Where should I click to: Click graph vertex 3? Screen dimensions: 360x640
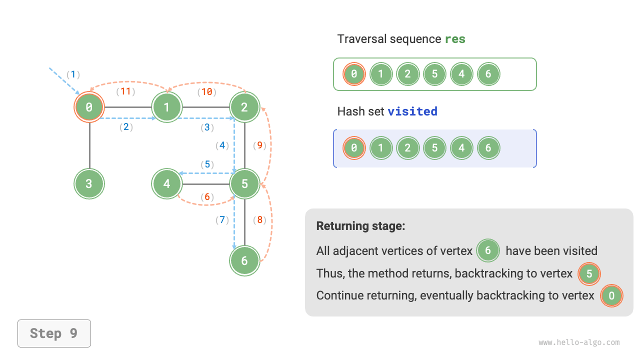(x=89, y=183)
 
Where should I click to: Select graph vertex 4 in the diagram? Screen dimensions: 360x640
(x=167, y=183)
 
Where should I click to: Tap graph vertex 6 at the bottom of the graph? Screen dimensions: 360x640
(x=244, y=260)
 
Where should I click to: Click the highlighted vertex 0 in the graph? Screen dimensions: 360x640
(x=89, y=106)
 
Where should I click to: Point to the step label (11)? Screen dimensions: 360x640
(x=126, y=91)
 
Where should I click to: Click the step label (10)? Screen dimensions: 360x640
(x=206, y=91)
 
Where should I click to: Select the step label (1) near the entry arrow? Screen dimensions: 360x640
(x=73, y=74)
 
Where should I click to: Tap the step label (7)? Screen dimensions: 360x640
(x=222, y=219)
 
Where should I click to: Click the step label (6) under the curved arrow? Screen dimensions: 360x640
(x=207, y=197)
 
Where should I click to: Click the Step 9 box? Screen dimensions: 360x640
(x=54, y=333)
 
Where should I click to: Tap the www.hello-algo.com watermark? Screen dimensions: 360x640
(x=579, y=342)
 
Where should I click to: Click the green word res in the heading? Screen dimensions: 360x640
(x=455, y=39)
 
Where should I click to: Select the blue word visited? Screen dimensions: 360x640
(x=412, y=111)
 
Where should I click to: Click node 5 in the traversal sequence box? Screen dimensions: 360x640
(x=434, y=74)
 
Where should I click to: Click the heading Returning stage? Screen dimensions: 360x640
(x=360, y=226)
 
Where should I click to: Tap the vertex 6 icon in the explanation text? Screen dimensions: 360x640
(x=488, y=250)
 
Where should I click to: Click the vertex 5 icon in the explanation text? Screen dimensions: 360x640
(x=589, y=273)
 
